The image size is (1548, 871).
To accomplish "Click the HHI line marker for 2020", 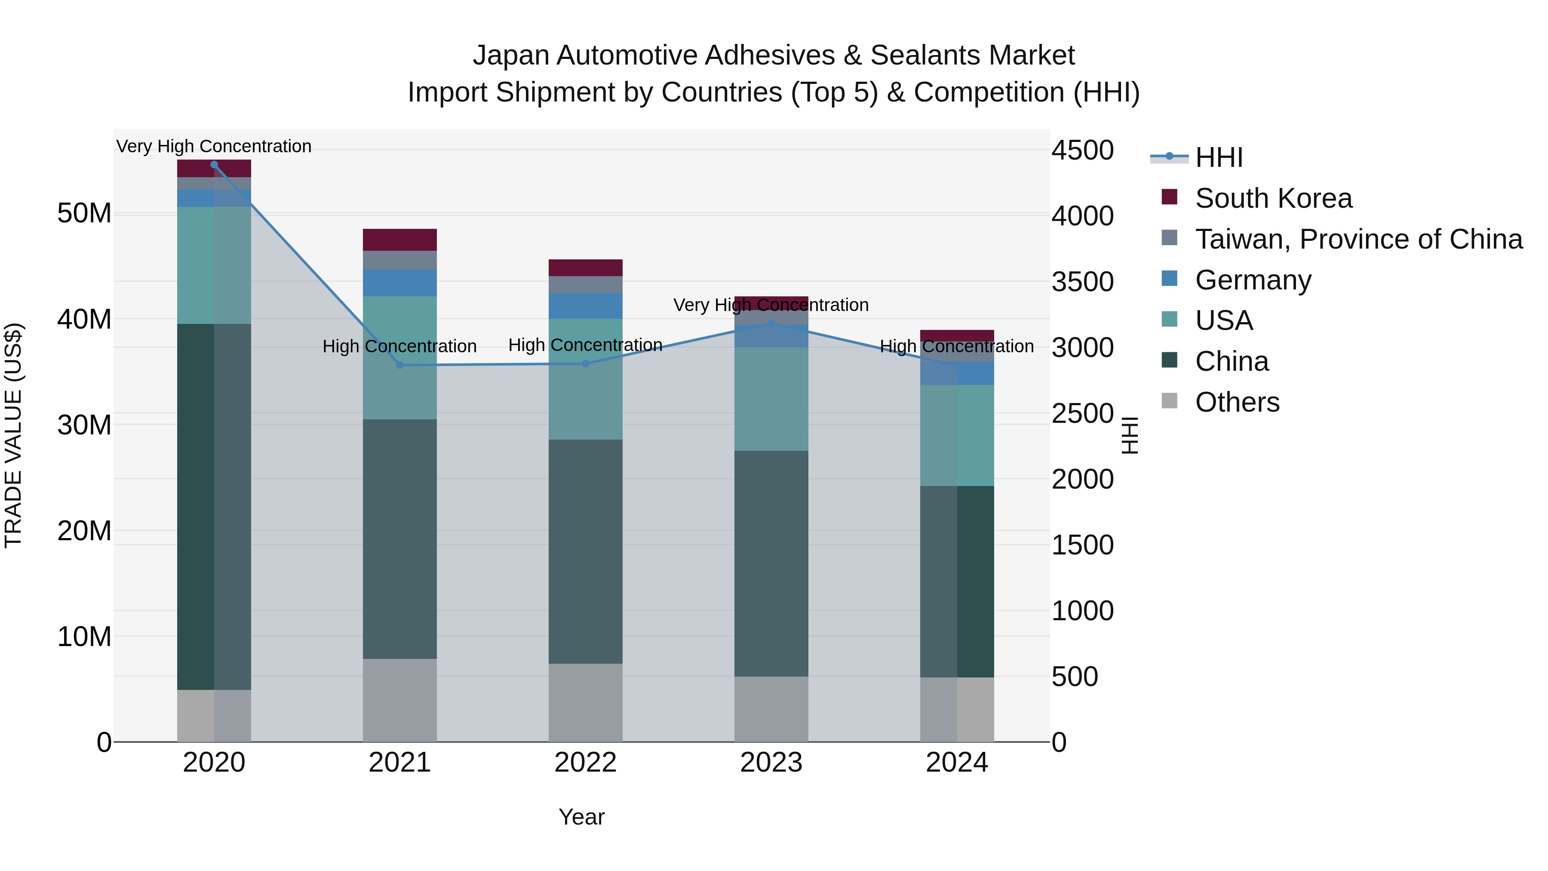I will coord(214,165).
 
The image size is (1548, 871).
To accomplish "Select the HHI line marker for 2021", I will coord(399,365).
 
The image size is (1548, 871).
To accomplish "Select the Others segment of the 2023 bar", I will coord(771,709).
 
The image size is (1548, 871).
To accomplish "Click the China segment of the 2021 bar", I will coord(399,539).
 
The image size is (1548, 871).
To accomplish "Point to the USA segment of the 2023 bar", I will coord(771,399).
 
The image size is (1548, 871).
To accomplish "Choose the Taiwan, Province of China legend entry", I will coord(1358,239).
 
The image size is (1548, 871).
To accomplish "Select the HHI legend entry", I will coord(1218,157).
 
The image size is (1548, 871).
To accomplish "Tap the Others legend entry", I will coord(1237,402).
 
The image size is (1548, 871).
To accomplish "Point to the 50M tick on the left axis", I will coord(84,213).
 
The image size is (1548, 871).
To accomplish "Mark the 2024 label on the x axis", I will coord(957,763).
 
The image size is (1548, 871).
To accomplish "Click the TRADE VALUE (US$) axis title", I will coord(13,435).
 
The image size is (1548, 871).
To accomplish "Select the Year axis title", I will coord(581,817).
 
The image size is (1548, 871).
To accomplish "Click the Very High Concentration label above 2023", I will coord(771,305).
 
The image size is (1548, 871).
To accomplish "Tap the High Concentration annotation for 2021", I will coord(399,346).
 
